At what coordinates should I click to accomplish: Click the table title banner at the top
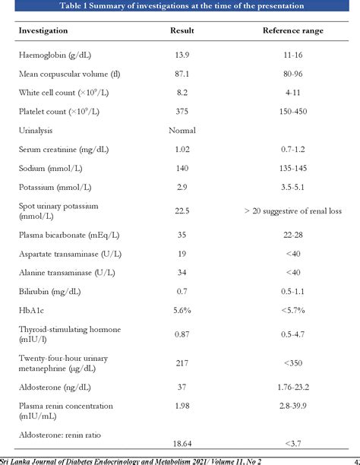point(180,6)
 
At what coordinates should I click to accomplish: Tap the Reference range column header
point(292,31)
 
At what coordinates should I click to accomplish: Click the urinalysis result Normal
point(182,130)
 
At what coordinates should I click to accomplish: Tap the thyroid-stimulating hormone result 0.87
point(182,333)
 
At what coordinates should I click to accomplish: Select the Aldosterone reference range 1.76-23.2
point(292,387)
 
